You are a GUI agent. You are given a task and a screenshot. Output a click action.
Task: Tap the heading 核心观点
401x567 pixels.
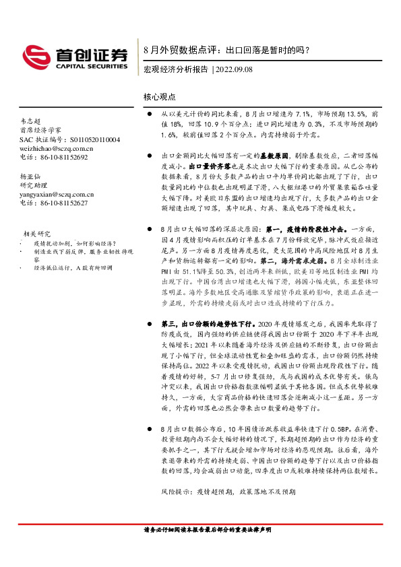tap(160, 97)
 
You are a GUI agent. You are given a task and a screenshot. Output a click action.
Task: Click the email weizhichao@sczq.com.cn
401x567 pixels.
tap(57, 148)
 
